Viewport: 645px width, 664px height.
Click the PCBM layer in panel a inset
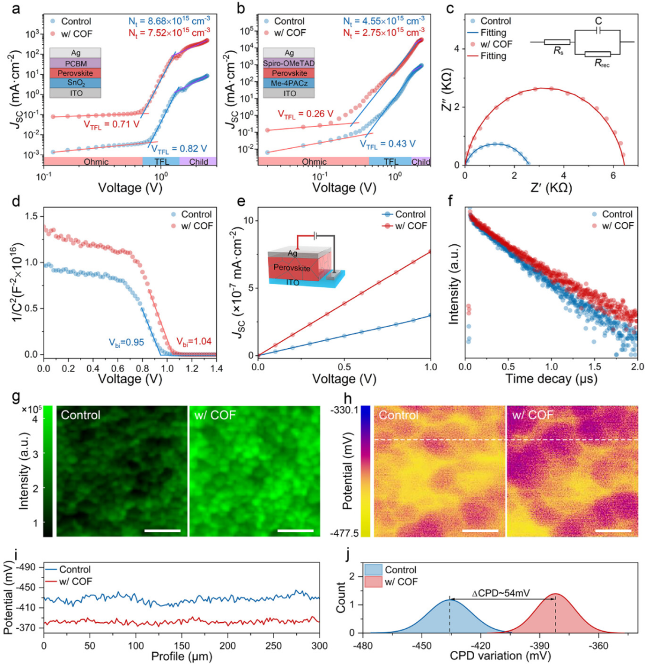(75, 63)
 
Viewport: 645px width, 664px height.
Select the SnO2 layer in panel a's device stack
(75, 83)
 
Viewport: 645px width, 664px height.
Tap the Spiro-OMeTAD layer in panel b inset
(289, 63)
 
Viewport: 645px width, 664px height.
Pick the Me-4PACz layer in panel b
(289, 83)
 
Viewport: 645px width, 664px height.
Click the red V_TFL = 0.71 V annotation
(112, 124)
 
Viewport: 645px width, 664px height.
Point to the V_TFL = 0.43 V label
(388, 145)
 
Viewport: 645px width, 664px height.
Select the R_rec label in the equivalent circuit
(602, 64)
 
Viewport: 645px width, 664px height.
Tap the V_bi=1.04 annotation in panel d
(193, 342)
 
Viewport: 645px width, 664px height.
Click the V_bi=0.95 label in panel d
(126, 342)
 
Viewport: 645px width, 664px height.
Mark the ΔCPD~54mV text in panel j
(500, 594)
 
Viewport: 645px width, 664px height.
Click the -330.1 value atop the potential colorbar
(345, 410)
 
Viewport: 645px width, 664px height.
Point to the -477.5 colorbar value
(345, 533)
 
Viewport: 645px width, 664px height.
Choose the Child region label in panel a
(199, 162)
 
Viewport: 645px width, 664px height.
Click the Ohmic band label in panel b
(314, 162)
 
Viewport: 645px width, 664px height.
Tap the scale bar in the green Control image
(162, 530)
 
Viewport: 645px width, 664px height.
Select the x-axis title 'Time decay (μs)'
(551, 379)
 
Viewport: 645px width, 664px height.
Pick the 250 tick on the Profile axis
(274, 645)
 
